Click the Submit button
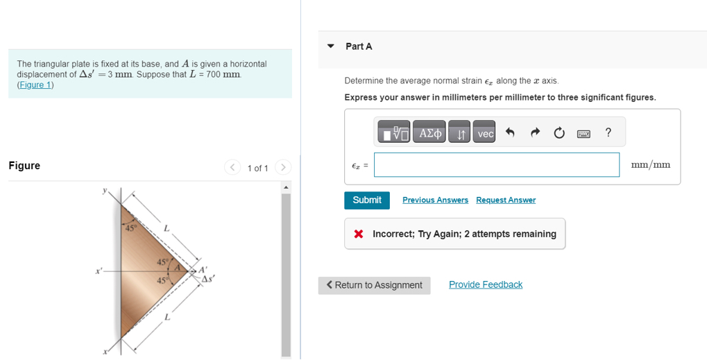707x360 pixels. click(x=366, y=200)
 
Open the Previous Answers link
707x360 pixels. click(x=435, y=200)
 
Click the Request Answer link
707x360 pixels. click(x=505, y=200)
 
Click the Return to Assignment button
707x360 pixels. click(x=374, y=285)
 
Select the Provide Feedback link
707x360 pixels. click(x=485, y=284)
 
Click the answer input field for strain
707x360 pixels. click(x=496, y=165)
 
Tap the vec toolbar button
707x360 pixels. click(x=485, y=133)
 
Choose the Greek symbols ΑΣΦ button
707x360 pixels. click(x=429, y=133)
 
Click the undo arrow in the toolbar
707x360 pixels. click(x=509, y=133)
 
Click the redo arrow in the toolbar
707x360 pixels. click(x=534, y=133)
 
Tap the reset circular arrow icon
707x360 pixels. click(x=559, y=133)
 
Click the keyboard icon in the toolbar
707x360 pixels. click(x=584, y=133)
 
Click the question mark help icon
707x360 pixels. click(x=608, y=132)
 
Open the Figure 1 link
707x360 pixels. click(x=35, y=85)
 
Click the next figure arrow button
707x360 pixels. click(x=282, y=167)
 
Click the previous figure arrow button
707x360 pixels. click(x=232, y=167)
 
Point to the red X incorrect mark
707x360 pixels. click(x=359, y=234)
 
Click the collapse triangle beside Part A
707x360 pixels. click(x=331, y=46)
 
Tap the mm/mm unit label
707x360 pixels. click(x=651, y=165)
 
